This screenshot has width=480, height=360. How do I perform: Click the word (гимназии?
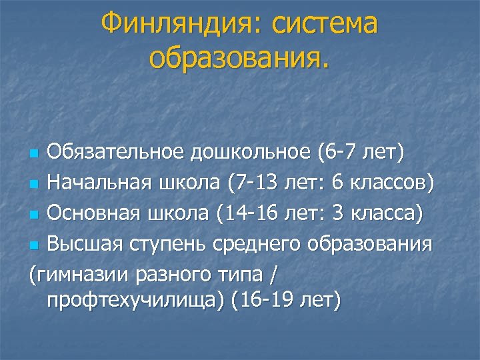tap(73, 274)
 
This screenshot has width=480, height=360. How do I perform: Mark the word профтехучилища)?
tap(136, 301)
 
